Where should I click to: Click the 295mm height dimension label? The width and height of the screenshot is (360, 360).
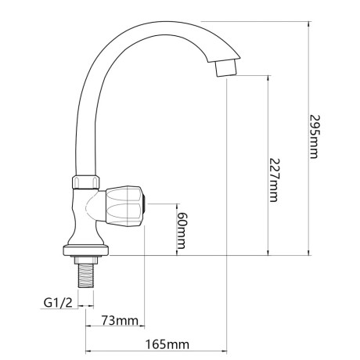pyautogui.click(x=314, y=136)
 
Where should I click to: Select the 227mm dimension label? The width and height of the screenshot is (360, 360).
pyautogui.click(x=274, y=180)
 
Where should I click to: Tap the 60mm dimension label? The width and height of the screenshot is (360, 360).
pyautogui.click(x=182, y=230)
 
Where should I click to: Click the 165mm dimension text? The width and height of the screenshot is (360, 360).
pyautogui.click(x=167, y=344)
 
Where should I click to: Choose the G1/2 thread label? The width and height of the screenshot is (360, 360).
pyautogui.click(x=58, y=303)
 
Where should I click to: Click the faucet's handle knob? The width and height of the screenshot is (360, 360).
pyautogui.click(x=124, y=206)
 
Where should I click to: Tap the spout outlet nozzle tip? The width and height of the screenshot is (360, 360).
pyautogui.click(x=225, y=67)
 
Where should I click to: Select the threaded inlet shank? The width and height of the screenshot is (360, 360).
pyautogui.click(x=86, y=275)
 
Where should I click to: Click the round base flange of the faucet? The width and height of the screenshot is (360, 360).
pyautogui.click(x=86, y=250)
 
